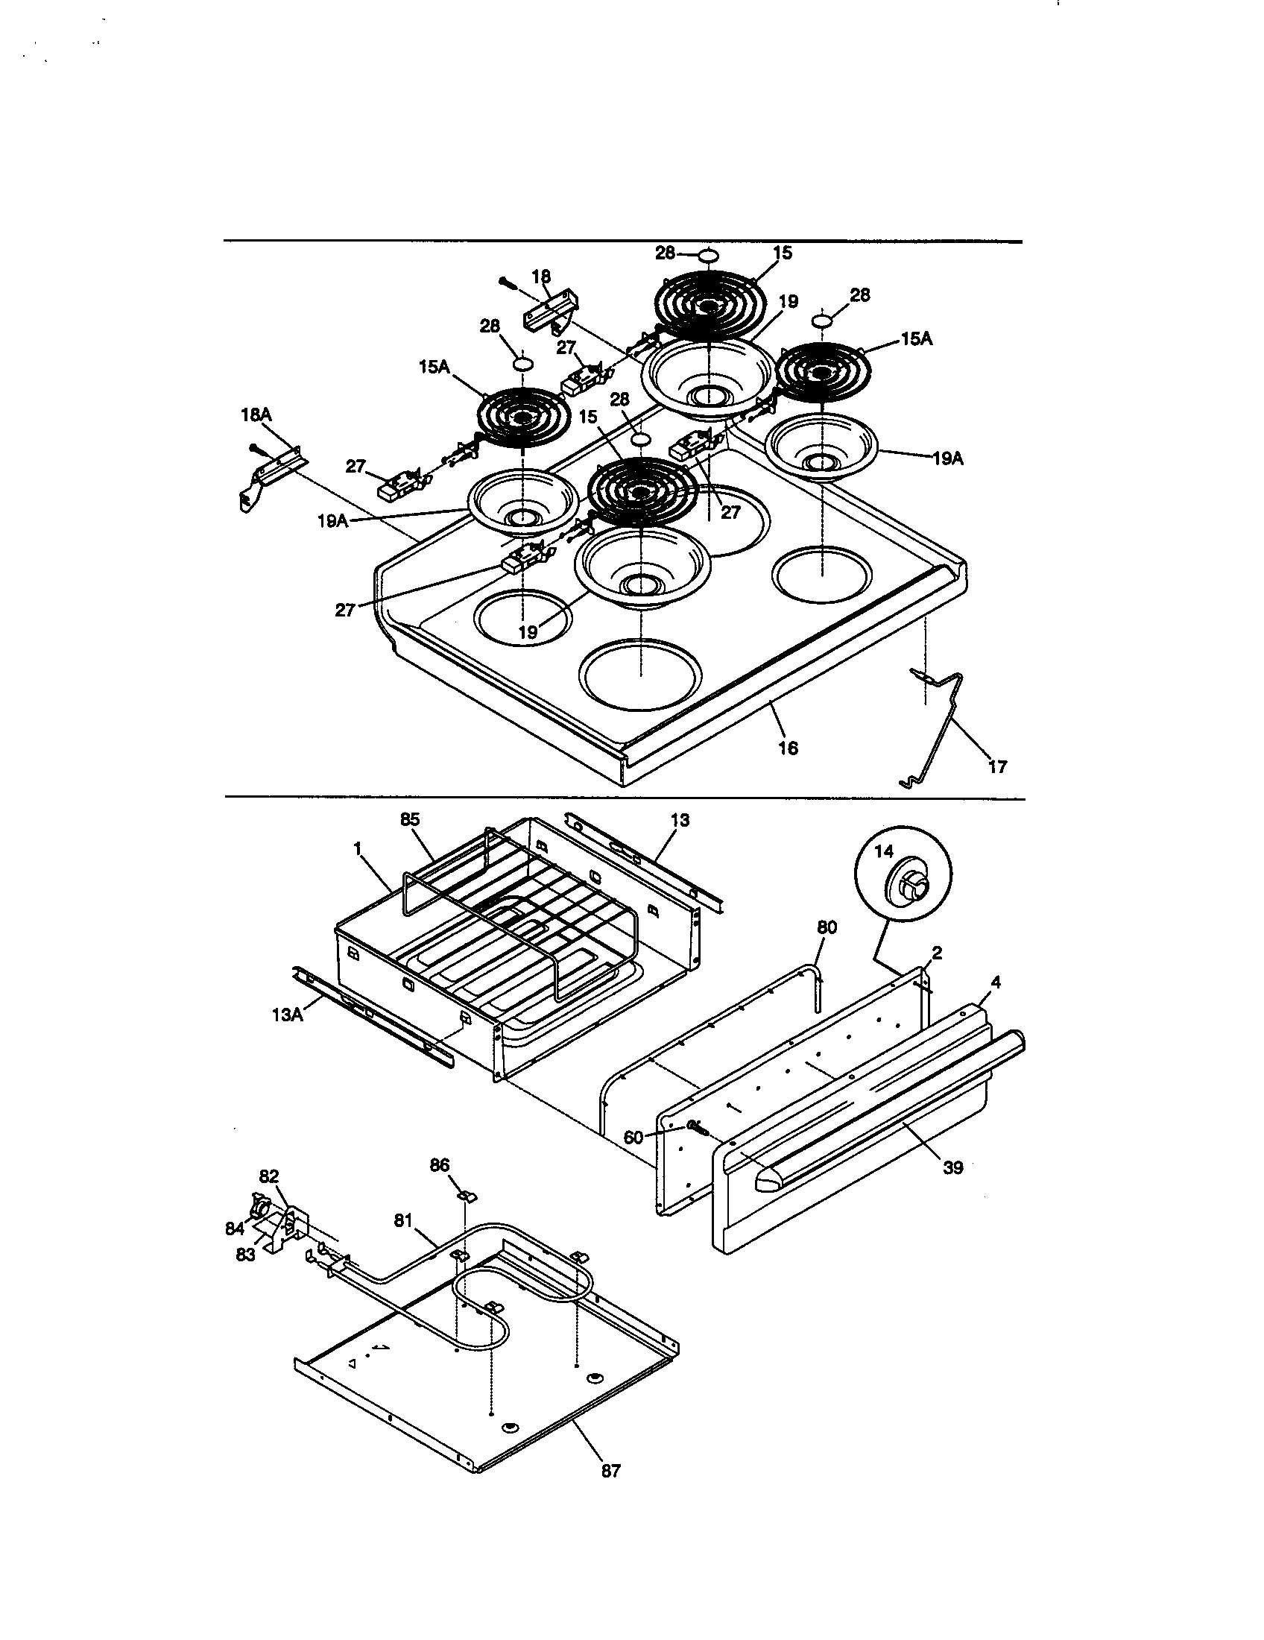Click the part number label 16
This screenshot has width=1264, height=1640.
pyautogui.click(x=788, y=748)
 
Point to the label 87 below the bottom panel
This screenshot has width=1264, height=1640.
pyautogui.click(x=611, y=1470)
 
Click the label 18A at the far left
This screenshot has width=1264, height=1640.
pyautogui.click(x=256, y=414)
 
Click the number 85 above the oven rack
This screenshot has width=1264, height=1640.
pyautogui.click(x=409, y=820)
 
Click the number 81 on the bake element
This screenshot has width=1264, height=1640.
pyautogui.click(x=403, y=1222)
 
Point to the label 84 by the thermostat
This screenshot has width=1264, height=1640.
pyautogui.click(x=235, y=1229)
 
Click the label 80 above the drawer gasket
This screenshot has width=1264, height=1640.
pyautogui.click(x=827, y=927)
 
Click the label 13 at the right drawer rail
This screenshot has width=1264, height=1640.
pyautogui.click(x=679, y=821)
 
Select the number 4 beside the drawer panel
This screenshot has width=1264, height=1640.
pyautogui.click(x=995, y=982)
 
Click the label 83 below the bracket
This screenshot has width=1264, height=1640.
pyautogui.click(x=245, y=1255)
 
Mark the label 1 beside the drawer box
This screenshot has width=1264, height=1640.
pyautogui.click(x=357, y=848)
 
